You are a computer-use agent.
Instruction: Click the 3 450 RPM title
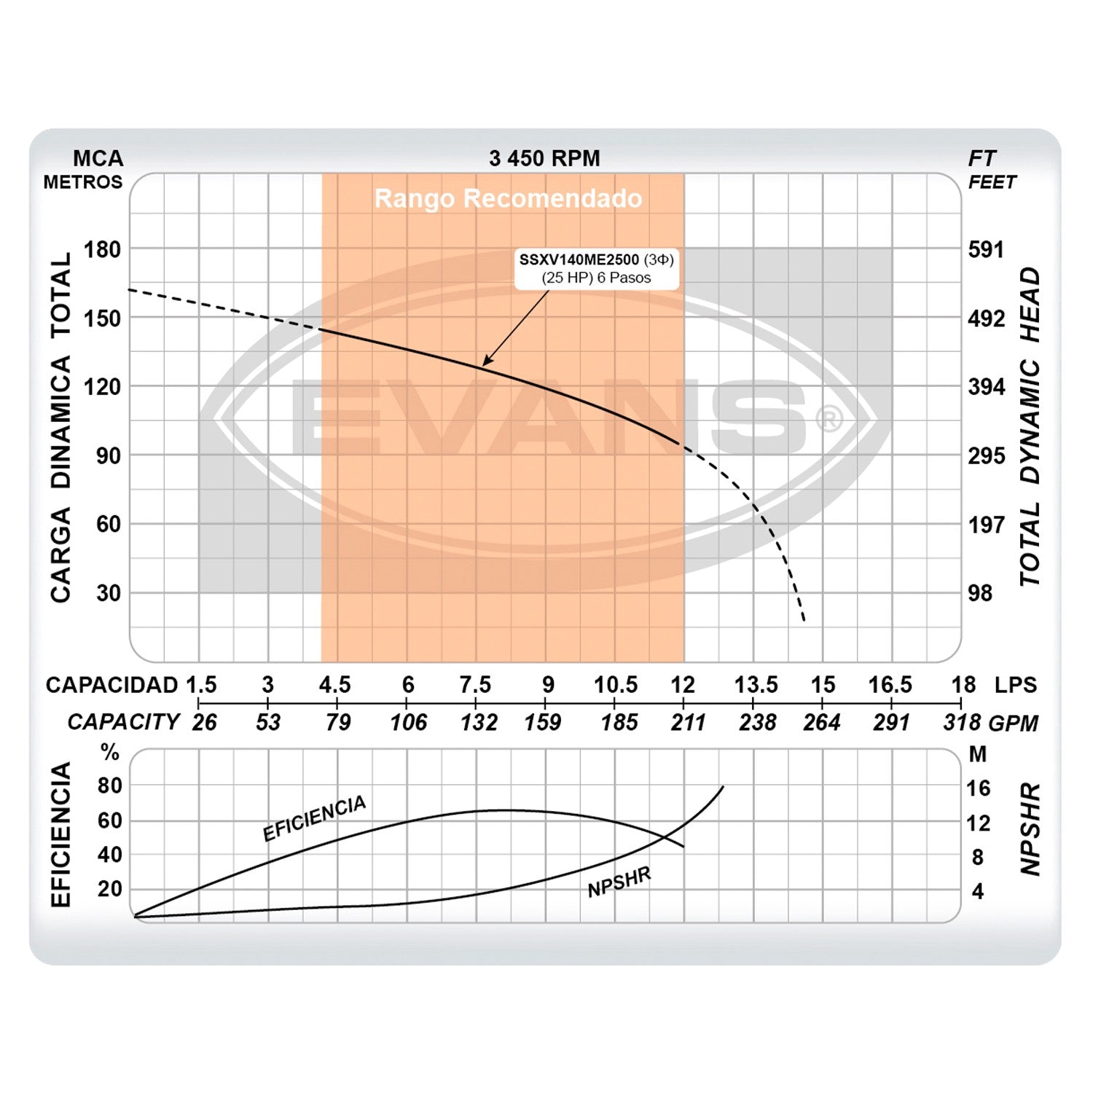tap(544, 158)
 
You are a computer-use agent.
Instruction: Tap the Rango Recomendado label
tap(508, 198)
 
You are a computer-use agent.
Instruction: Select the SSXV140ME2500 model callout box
tap(596, 268)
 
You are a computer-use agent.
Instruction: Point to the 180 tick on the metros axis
tap(102, 249)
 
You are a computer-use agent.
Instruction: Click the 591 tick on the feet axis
tap(986, 249)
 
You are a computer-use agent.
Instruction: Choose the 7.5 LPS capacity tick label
tap(475, 685)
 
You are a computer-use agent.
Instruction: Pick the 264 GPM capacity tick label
tap(822, 722)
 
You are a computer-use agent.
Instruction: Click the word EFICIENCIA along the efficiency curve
tap(314, 818)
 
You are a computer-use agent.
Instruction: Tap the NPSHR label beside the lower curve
tap(619, 882)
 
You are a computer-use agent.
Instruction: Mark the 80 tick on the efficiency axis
tap(110, 786)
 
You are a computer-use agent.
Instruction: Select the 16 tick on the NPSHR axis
tap(978, 788)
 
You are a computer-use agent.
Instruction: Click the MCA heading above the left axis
tap(98, 158)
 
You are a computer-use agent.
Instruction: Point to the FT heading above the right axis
tap(982, 158)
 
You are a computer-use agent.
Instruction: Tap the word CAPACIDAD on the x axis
tap(111, 685)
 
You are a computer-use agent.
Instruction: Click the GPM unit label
tap(1014, 723)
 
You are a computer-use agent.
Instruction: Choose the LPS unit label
tap(1015, 685)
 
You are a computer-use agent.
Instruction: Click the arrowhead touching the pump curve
tap(486, 361)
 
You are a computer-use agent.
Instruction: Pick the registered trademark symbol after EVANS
tap(828, 419)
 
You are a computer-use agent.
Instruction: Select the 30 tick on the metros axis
tap(109, 592)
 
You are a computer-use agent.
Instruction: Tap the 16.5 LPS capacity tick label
tap(890, 685)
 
